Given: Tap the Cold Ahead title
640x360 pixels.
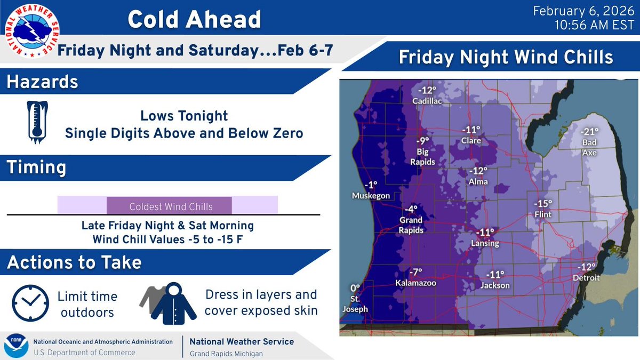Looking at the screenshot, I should [194, 20].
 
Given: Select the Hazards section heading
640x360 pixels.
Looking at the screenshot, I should [42, 83].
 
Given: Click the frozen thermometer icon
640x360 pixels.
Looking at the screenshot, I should [37, 123].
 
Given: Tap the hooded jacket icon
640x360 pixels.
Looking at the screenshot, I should [174, 302].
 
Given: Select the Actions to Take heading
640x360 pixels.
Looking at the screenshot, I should [74, 262].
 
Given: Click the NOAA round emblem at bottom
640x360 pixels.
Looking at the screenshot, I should [16, 346].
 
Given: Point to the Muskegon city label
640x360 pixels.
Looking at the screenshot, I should [371, 196].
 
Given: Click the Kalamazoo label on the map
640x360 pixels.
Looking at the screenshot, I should [415, 283].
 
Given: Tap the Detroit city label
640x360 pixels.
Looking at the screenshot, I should [587, 278].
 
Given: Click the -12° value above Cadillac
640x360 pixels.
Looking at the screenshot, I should [426, 90].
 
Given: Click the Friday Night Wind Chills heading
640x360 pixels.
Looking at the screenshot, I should [506, 58].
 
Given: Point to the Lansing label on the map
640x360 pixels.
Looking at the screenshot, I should [485, 243].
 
